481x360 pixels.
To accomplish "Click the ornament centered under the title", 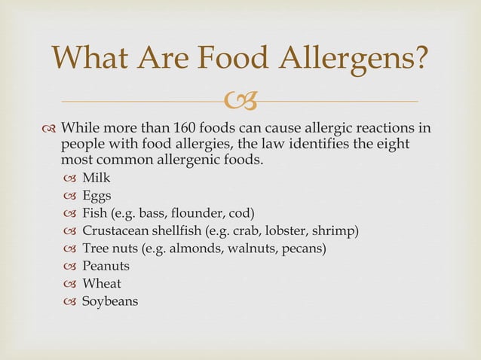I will (241, 100).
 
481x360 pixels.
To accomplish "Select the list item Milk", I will (96, 178).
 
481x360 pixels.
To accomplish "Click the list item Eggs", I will (97, 195).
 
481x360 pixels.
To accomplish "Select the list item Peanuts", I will (106, 266).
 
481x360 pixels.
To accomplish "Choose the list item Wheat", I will (101, 283).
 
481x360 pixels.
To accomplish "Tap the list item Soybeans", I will (110, 301).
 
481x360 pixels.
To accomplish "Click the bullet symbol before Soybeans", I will (70, 301).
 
